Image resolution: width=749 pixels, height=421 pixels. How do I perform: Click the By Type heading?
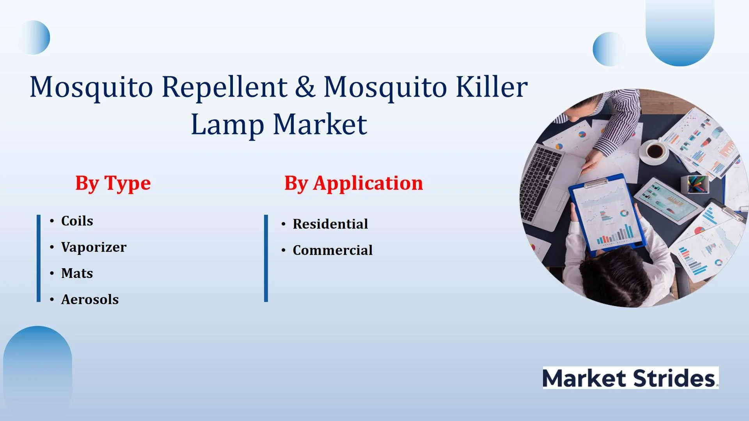click(113, 183)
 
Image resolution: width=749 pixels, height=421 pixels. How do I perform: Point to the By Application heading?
click(353, 183)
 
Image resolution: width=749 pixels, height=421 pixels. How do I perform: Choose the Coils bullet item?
click(77, 221)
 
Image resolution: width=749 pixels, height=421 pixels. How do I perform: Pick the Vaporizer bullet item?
click(94, 247)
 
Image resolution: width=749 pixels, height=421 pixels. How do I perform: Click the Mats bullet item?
click(77, 273)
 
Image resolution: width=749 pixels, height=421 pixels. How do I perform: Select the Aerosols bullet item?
click(90, 299)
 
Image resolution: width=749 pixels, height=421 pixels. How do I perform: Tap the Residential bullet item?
click(330, 224)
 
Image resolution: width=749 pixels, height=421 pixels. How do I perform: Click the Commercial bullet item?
click(333, 250)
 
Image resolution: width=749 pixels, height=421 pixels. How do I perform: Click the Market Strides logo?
click(630, 378)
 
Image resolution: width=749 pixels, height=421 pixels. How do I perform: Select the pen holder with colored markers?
click(695, 184)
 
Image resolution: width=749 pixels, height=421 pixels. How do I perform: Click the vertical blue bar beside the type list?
click(39, 258)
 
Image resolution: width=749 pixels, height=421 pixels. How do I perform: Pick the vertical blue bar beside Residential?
click(266, 258)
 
